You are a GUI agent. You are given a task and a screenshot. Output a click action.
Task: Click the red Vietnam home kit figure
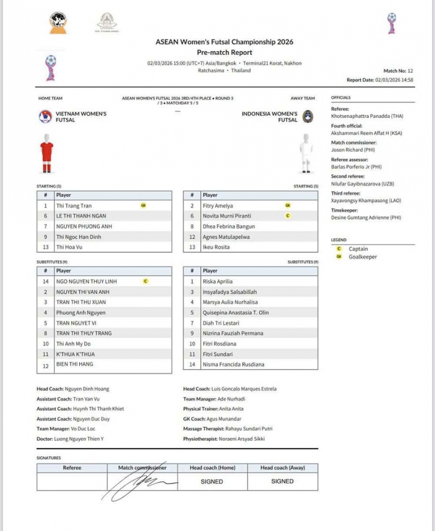coord(47,154)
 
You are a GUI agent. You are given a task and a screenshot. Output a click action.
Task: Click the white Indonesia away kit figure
coord(306,153)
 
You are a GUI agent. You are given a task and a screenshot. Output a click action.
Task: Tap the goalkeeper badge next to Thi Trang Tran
coord(143,206)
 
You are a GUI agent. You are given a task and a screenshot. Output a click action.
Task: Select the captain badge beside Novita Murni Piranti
coord(288,216)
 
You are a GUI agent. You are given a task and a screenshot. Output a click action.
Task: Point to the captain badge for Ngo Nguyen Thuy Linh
coord(145,282)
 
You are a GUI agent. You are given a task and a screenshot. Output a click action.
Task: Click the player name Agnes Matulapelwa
coord(226,237)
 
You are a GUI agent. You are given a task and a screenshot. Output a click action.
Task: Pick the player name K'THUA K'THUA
coord(75,354)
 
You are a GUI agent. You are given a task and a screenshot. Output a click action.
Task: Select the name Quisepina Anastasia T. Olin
coord(236,313)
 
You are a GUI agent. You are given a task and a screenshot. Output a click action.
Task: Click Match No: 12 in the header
coord(398,71)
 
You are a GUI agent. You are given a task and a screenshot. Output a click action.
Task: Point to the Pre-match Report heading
coord(224,52)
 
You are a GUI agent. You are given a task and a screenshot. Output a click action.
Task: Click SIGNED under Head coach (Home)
coord(212,481)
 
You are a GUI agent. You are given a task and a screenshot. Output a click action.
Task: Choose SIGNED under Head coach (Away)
coord(283,481)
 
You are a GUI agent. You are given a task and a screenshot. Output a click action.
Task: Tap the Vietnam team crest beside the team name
coord(45,117)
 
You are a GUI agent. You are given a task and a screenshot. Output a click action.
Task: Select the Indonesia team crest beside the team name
coord(307,116)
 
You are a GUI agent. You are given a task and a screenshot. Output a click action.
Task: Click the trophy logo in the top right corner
coord(392,23)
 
